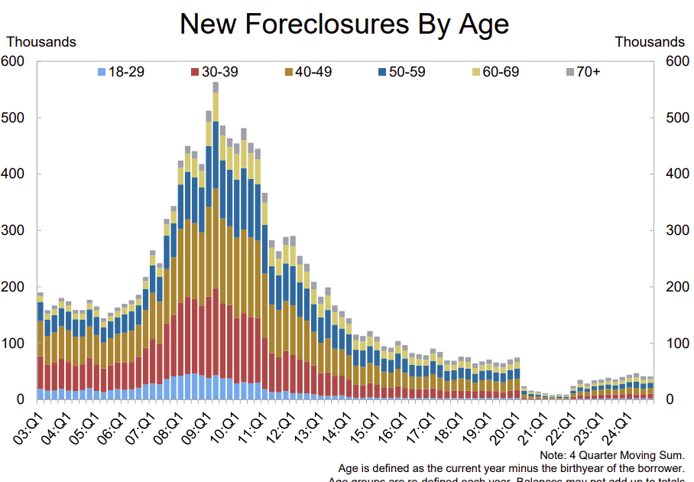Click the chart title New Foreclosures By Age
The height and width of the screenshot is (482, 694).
click(x=344, y=24)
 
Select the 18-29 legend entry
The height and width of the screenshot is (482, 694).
click(x=121, y=72)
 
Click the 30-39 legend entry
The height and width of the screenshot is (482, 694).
click(x=213, y=72)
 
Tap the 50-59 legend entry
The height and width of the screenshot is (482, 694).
click(x=401, y=72)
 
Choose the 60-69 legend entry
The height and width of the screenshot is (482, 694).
click(x=495, y=72)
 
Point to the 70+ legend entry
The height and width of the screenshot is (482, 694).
click(x=583, y=72)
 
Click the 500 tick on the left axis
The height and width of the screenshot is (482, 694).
click(x=15, y=118)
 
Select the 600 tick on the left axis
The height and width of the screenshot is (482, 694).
click(x=15, y=61)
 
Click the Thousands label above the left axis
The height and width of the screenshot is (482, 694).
click(x=41, y=42)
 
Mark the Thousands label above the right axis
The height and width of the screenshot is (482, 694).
click(x=650, y=42)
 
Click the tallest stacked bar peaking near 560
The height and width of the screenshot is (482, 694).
click(x=216, y=245)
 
